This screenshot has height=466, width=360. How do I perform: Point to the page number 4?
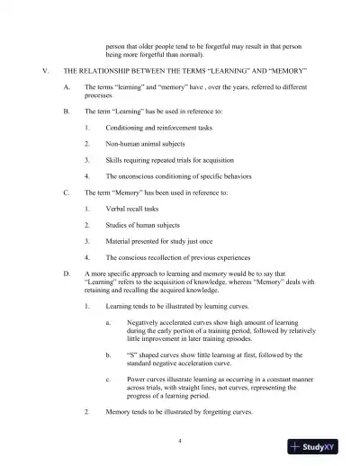tap(180, 440)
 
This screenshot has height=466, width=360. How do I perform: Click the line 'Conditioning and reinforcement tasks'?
tap(157, 127)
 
